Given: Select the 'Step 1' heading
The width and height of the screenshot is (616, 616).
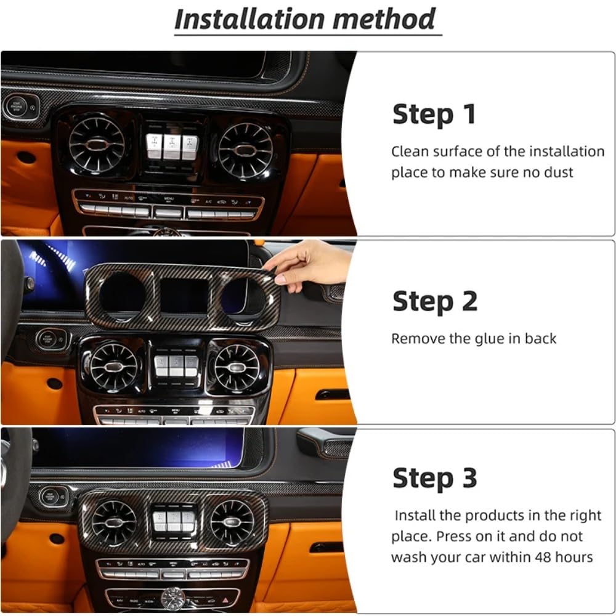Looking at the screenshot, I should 434,115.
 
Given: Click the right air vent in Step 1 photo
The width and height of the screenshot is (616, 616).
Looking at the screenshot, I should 246,150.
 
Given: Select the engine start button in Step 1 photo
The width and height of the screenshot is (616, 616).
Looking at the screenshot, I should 15,107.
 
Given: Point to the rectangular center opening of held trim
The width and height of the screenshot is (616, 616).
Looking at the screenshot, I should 184,294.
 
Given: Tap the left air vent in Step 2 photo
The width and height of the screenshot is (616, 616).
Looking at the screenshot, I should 113,367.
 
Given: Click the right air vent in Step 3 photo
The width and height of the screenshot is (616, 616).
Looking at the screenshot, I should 232,522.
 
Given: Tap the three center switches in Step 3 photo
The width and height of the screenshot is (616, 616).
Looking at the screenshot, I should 173,520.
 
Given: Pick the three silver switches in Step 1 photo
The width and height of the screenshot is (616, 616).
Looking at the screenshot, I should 172,145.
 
